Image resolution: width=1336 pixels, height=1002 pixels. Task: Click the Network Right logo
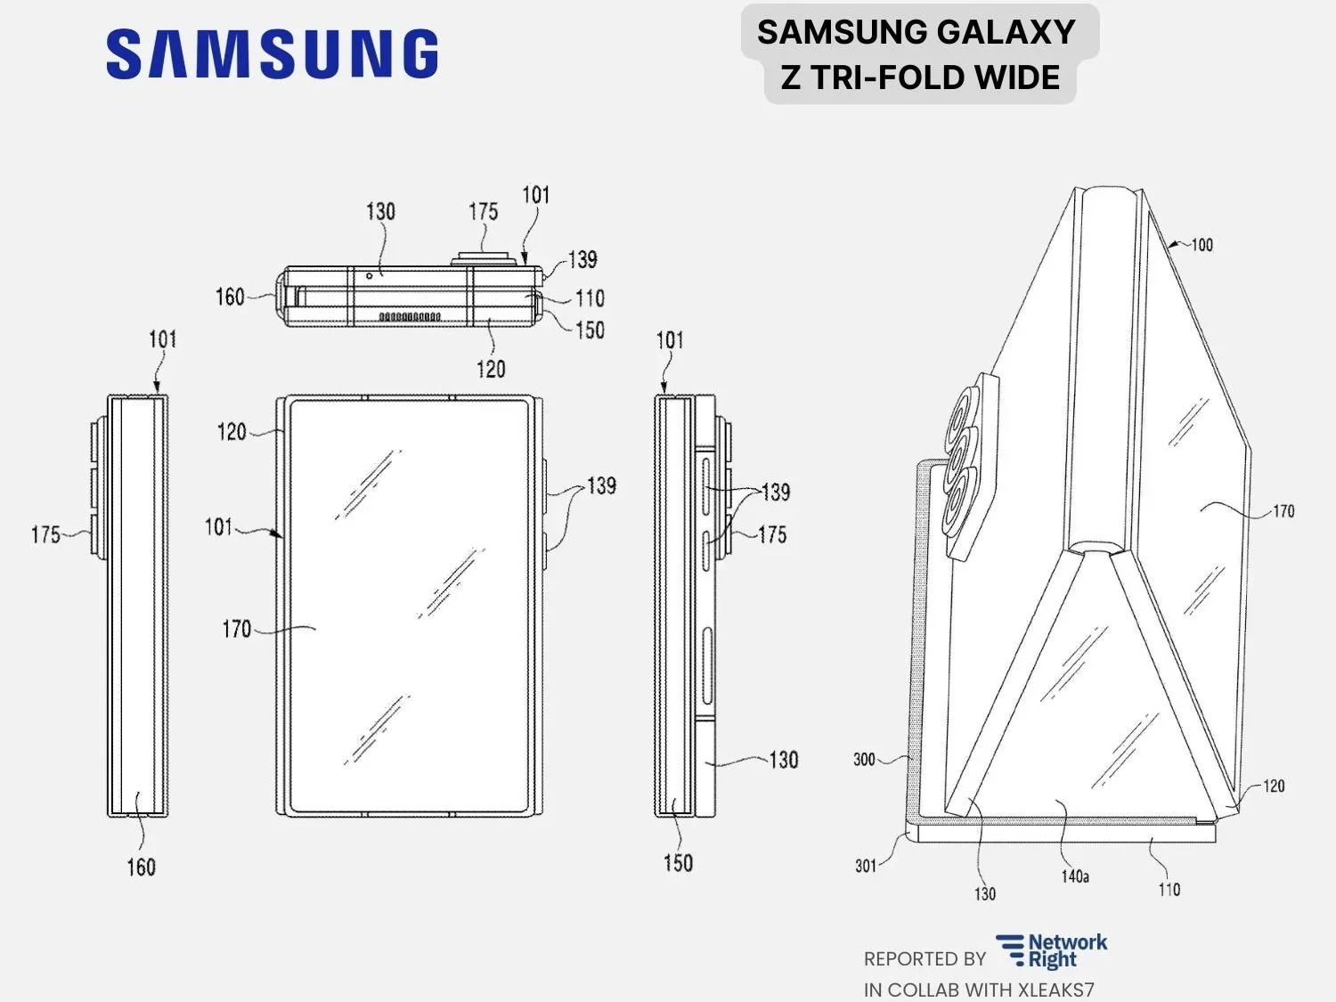coord(1052,951)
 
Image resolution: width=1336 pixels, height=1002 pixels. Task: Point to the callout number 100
coord(1202,244)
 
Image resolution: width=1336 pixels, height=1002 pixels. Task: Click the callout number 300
coord(864,760)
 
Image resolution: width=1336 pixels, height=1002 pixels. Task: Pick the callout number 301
coord(866,866)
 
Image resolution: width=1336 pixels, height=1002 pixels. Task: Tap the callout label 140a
coord(1075,876)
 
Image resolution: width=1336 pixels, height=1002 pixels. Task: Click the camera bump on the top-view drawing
coord(484,258)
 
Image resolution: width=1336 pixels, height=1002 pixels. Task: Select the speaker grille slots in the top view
coord(410,316)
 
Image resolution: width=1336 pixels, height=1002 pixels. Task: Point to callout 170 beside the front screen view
coord(236,630)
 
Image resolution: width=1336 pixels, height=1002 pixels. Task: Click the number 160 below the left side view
coord(141,867)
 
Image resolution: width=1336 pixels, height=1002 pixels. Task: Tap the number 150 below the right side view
coord(678,862)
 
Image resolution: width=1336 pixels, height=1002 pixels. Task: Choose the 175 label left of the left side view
coord(45,534)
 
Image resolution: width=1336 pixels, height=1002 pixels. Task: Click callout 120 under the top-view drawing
coord(491,369)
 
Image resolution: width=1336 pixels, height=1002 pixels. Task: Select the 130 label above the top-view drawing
coord(380,211)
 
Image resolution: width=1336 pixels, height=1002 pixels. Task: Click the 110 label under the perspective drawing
coord(1169,889)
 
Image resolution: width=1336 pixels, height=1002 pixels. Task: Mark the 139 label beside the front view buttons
coord(601,485)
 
